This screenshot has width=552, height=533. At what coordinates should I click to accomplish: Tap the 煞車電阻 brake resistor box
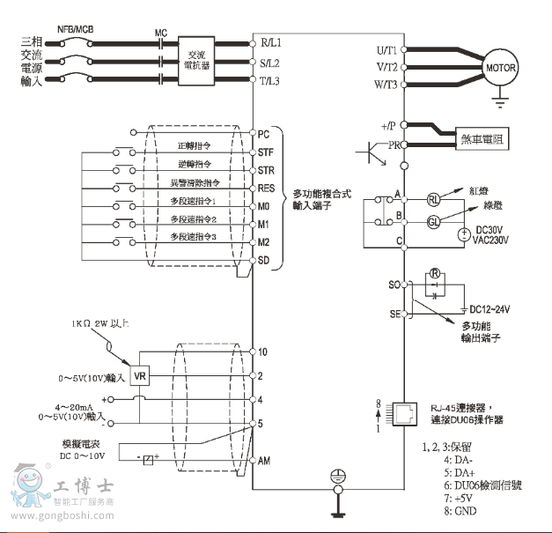point(483,138)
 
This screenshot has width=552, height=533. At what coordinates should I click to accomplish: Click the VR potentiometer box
point(139,376)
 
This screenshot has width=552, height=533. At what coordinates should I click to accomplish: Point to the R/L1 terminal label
point(269,42)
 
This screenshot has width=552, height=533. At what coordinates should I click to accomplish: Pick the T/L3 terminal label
point(269,81)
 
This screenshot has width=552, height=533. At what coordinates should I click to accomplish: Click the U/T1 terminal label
point(385,50)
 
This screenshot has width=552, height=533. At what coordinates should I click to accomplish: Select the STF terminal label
point(266,152)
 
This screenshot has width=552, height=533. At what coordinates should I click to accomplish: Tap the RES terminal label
point(267,188)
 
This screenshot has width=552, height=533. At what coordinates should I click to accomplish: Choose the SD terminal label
point(264,260)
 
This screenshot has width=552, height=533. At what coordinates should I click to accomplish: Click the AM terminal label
point(264,461)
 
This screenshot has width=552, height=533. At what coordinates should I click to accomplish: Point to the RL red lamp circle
point(433,199)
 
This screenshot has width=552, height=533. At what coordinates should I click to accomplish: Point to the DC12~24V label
point(489,308)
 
